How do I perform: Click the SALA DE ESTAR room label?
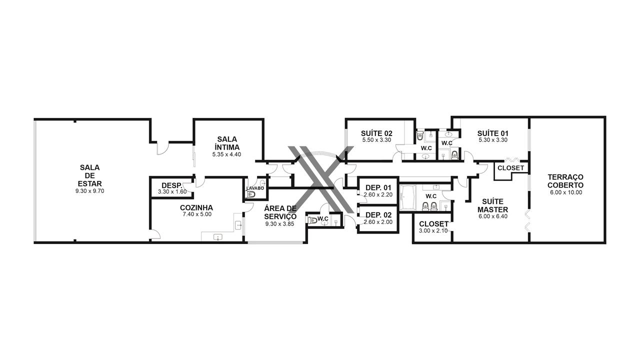pyautogui.click(x=89, y=175)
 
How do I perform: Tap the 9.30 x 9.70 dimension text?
pyautogui.click(x=89, y=191)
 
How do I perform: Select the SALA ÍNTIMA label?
pyautogui.click(x=227, y=143)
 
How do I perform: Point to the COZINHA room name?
pyautogui.click(x=196, y=207)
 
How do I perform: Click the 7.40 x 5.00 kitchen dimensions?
pyautogui.click(x=197, y=214)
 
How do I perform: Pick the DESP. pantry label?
pyautogui.click(x=171, y=185)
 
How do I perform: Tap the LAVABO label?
pyautogui.click(x=255, y=188)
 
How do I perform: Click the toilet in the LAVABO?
pyautogui.click(x=251, y=194)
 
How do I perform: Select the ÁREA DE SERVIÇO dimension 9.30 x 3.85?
pyautogui.click(x=279, y=224)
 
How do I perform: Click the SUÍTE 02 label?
pyautogui.click(x=376, y=133)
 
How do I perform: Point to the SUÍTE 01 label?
pyautogui.click(x=493, y=133)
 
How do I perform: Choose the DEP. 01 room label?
pyautogui.click(x=378, y=187)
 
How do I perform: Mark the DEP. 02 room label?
pyautogui.click(x=378, y=215)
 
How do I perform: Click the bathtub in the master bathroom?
pyautogui.click(x=407, y=197)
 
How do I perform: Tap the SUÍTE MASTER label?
pyautogui.click(x=493, y=205)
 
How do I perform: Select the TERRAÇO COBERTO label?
pyautogui.click(x=565, y=181)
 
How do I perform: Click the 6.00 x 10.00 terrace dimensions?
pyautogui.click(x=566, y=192)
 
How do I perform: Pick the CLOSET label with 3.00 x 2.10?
pyautogui.click(x=433, y=224)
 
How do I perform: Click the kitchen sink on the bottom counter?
pyautogui.click(x=218, y=237)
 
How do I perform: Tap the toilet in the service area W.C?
pyautogui.click(x=312, y=220)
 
